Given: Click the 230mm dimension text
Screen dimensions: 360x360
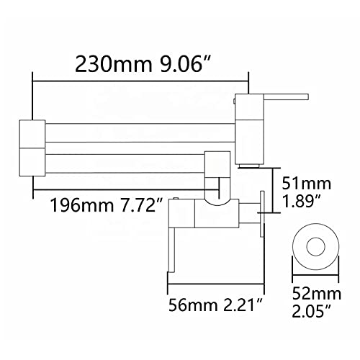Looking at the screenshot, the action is click(x=114, y=64).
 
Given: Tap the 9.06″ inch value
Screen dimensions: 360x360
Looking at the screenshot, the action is click(x=186, y=64).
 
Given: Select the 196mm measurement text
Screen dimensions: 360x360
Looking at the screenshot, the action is click(x=81, y=205).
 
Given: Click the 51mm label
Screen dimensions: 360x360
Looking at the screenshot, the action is click(x=307, y=184).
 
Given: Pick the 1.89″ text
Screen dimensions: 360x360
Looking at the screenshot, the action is click(x=302, y=201).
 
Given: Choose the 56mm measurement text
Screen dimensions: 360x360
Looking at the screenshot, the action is click(x=193, y=305).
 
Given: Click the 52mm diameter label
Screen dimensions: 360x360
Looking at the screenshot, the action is click(x=317, y=294).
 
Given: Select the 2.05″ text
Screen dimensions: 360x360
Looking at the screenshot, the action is click(x=312, y=311).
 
